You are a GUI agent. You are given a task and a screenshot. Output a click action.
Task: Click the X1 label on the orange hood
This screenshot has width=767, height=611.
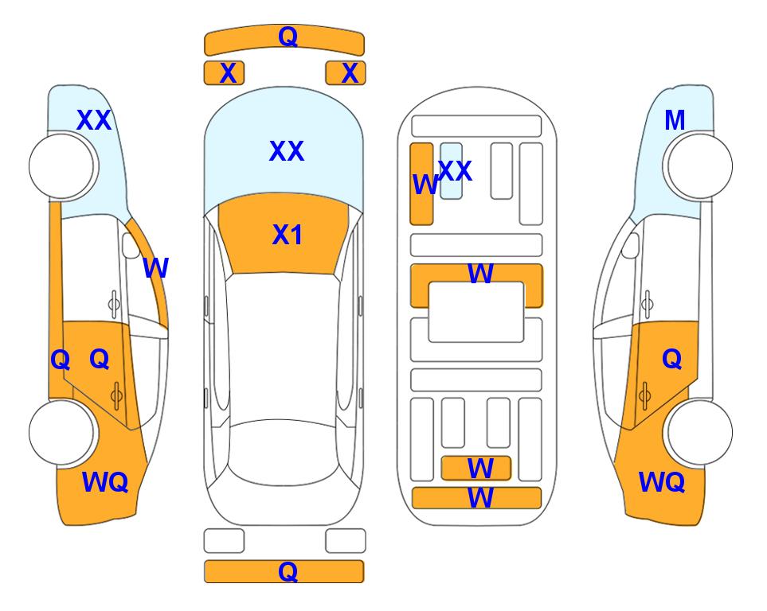point(287,234)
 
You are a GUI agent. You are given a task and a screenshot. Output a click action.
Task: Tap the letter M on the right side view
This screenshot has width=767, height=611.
point(675,120)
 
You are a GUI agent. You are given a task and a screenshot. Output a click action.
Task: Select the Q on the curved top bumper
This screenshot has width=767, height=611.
point(288,36)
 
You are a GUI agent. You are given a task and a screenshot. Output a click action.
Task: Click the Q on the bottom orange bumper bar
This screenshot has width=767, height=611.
point(288,571)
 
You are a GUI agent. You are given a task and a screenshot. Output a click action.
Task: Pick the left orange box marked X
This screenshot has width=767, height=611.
point(224,73)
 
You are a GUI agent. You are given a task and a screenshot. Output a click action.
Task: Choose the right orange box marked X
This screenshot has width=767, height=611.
point(346,73)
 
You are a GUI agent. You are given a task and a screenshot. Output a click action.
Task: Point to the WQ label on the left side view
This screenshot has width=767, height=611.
point(105,481)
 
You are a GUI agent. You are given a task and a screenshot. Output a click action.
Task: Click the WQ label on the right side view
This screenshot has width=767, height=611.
point(662,481)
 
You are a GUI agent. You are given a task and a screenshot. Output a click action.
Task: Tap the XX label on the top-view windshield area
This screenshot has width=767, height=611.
point(287,150)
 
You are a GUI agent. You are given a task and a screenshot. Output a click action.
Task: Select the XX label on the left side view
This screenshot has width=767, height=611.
point(94,120)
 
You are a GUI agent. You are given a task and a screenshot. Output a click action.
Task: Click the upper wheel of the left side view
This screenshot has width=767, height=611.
point(61,166)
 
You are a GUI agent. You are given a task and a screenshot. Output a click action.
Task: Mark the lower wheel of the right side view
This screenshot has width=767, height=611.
point(699,432)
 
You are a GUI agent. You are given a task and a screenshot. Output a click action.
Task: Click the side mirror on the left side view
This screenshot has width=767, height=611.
point(131,246)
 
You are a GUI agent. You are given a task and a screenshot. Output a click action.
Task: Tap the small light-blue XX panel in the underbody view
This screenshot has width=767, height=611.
point(451,170)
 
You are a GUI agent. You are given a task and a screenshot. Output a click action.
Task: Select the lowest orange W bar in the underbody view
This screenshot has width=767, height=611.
point(476,497)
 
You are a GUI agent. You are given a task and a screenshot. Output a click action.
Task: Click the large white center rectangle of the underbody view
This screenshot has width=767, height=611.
point(476,312)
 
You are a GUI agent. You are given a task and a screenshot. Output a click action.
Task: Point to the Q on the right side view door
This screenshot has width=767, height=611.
point(671,359)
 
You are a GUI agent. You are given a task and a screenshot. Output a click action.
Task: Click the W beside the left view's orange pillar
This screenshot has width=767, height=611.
point(155,267)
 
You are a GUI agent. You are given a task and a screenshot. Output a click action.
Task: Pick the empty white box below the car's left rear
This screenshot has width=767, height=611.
point(224,541)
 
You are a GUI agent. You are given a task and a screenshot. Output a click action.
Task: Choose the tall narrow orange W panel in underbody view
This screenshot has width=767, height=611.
point(421,184)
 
